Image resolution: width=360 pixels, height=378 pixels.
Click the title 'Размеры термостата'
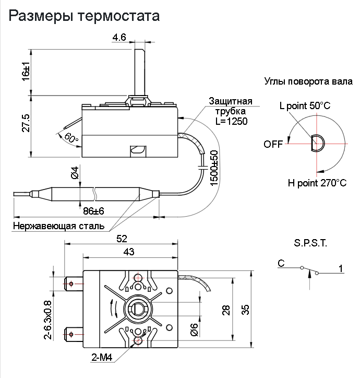(84, 16)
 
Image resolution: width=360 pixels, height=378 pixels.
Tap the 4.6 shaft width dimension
(119, 37)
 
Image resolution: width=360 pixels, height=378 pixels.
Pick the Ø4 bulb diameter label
(75, 173)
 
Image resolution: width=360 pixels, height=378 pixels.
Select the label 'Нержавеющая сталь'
(58, 226)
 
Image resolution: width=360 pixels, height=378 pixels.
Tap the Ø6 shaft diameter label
(193, 329)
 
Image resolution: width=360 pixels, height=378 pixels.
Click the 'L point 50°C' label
(305, 105)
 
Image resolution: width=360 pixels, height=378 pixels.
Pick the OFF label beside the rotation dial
(273, 144)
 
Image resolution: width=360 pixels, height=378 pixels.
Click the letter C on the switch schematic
(281, 264)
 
